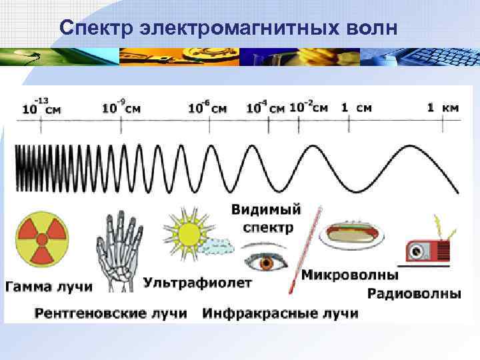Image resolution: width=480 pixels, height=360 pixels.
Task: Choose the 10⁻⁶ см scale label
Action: (x=207, y=107)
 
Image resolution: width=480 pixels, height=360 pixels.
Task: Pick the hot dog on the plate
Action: (x=351, y=233)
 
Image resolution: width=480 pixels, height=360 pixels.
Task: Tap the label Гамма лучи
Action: (x=49, y=287)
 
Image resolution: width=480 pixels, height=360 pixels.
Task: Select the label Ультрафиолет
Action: (x=198, y=283)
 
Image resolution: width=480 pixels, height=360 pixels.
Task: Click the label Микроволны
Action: (x=350, y=275)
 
